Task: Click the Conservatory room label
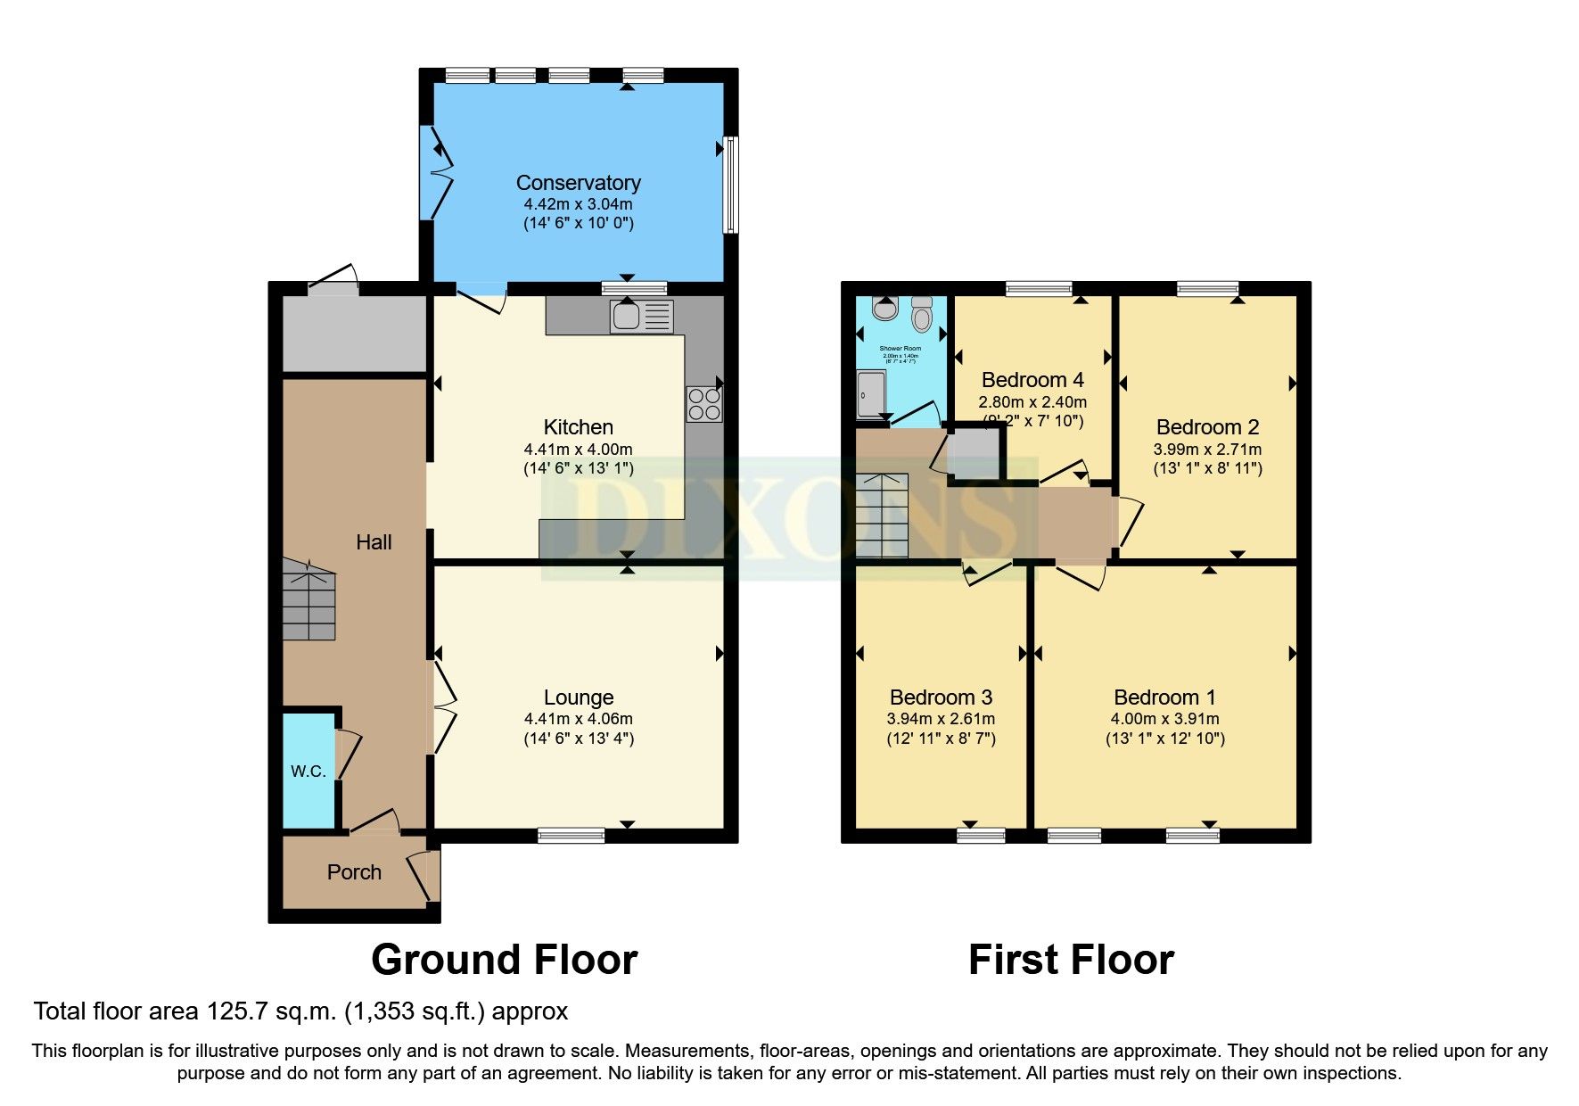578,183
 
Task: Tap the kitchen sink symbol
641,317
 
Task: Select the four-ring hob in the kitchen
703,403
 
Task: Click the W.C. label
308,772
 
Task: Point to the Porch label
354,872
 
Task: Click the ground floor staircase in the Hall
309,599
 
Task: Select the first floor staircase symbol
882,516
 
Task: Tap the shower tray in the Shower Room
871,395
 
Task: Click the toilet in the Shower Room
922,315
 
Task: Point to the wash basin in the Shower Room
884,309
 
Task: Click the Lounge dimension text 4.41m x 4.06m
578,719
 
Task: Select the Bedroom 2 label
1207,427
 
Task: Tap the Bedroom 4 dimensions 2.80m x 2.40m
1032,402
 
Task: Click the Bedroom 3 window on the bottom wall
981,836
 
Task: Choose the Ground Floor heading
504,961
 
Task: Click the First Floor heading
1071,961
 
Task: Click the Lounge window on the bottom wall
571,836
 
